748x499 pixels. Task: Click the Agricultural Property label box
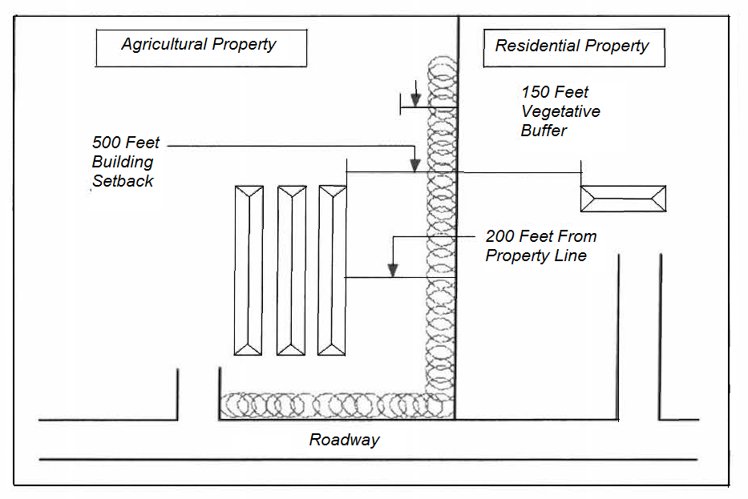[x=201, y=48]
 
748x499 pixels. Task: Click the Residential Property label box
[x=574, y=48]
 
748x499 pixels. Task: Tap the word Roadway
[x=344, y=440]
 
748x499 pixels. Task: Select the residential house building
[x=623, y=199]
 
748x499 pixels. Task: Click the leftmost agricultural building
[x=249, y=270]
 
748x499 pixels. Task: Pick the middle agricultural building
[x=291, y=270]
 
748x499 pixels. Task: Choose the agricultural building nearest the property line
[x=333, y=270]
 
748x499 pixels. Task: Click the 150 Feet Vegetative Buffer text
[x=560, y=111]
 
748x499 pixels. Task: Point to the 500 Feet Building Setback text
[x=126, y=162]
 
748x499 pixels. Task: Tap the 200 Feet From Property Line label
[x=540, y=246]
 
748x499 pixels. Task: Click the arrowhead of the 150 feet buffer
[x=415, y=100]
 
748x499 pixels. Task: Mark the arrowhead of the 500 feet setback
[x=414, y=165]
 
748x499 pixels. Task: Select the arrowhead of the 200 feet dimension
[x=393, y=270]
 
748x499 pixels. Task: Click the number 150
[x=536, y=92]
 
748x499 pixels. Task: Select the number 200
[x=500, y=237]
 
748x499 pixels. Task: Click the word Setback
[x=123, y=181]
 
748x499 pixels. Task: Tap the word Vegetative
[x=560, y=111]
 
